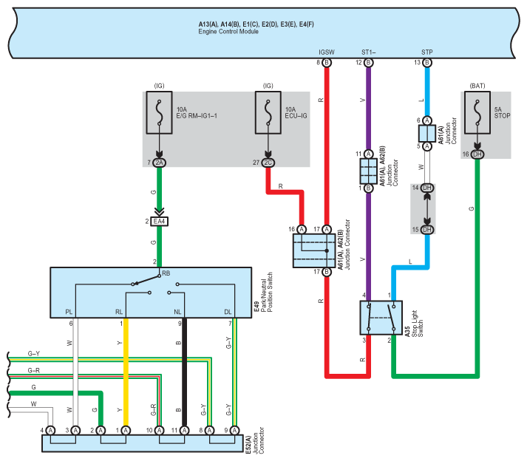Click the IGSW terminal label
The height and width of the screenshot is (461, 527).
pos(327,52)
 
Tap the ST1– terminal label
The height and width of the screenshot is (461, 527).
pos(369,52)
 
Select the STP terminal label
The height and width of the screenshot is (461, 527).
pos(427,52)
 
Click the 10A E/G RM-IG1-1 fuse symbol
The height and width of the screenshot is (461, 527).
pos(159,113)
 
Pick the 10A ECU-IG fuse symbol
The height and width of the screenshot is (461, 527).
pos(268,113)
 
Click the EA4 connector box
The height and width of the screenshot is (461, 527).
pos(159,221)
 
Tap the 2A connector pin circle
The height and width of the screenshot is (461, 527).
pos(159,162)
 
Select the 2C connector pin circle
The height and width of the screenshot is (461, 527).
pos(268,162)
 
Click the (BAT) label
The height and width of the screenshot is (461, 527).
pos(477,86)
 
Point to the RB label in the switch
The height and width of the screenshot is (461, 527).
pos(166,273)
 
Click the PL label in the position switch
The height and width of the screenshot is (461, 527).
pos(69,313)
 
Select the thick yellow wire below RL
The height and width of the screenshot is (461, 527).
pos(126,369)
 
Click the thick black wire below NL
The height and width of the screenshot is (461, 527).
pos(184,369)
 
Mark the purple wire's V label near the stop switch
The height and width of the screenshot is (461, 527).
pos(361,259)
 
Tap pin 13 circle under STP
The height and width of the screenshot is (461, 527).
pos(427,64)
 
